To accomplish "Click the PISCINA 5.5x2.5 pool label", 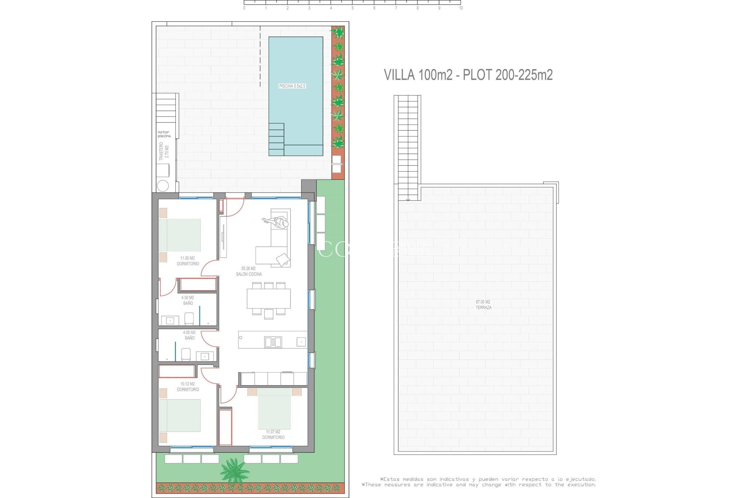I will [x=292, y=86].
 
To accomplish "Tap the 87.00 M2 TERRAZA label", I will [x=483, y=305].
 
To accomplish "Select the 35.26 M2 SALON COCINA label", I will [x=249, y=271].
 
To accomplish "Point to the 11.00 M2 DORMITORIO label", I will [x=188, y=261].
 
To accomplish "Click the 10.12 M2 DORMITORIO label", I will [x=188, y=387].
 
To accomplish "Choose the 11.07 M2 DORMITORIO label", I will [x=273, y=435].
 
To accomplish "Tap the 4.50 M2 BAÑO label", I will [x=188, y=300].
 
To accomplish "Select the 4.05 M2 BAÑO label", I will [x=189, y=335].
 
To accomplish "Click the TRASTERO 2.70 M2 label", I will [x=164, y=151].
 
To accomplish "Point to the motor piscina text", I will [x=164, y=134].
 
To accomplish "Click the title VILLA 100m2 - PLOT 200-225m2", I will [x=468, y=75].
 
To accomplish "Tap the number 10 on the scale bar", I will [x=461, y=8].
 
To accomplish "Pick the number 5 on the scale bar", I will [x=353, y=8].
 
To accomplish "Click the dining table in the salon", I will [x=269, y=298].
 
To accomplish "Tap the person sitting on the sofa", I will [x=280, y=223].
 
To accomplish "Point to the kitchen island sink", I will [x=273, y=342].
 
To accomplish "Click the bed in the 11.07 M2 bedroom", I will [x=274, y=409].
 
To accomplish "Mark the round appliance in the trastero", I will [x=163, y=186].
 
